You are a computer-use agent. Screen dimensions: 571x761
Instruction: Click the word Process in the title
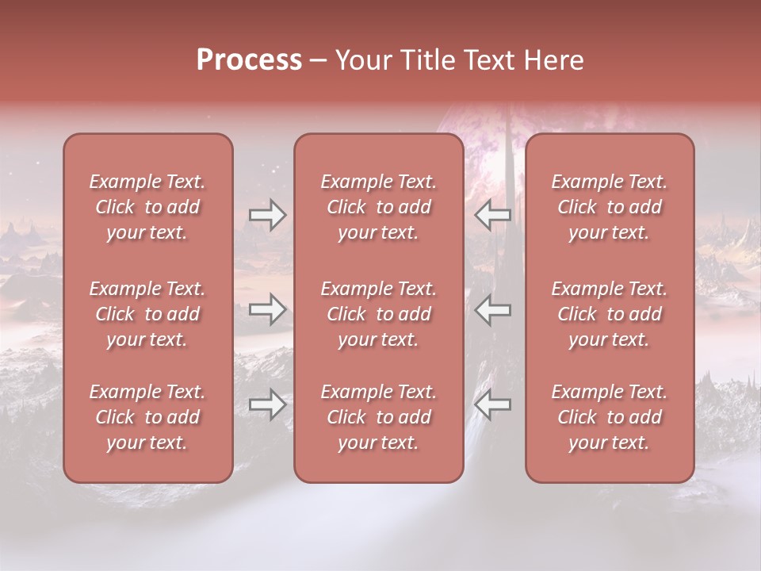(x=249, y=60)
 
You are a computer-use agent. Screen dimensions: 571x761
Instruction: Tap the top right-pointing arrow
(x=267, y=215)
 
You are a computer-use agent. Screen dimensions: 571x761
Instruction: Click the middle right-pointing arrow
(x=267, y=310)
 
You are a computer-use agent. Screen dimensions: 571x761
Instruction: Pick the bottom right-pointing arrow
(x=267, y=405)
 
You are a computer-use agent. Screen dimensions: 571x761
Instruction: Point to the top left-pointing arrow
(x=493, y=215)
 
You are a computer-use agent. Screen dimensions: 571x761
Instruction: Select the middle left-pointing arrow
(x=493, y=310)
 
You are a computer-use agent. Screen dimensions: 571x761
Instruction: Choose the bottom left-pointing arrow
(x=493, y=405)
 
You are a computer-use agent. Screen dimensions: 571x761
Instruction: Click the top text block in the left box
(x=147, y=207)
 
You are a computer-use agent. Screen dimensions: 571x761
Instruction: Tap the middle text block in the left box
(x=147, y=314)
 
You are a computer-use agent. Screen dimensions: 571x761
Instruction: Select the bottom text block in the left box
(x=147, y=417)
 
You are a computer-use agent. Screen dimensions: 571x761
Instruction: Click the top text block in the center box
(x=378, y=207)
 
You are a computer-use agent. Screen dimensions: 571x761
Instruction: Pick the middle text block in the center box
(x=378, y=314)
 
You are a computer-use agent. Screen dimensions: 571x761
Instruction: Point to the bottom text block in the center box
(x=378, y=417)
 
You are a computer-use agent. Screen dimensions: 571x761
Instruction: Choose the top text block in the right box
(x=609, y=207)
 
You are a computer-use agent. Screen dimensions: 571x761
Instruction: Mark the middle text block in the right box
(x=609, y=314)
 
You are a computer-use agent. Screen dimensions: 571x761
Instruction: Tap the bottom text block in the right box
(x=609, y=417)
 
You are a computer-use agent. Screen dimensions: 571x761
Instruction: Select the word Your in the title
(x=360, y=60)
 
